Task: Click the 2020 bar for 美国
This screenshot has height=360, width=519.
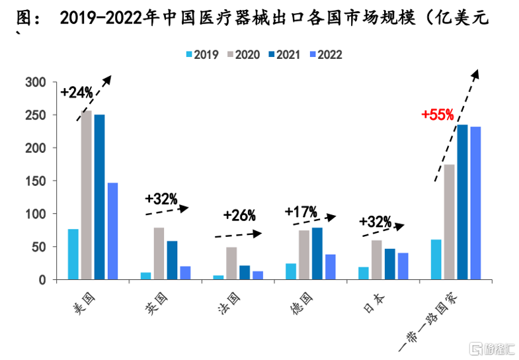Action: (87, 195)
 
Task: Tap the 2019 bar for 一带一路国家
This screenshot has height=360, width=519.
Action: (436, 259)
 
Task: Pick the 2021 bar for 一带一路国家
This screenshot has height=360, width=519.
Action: (463, 202)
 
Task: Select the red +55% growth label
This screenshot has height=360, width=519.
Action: (438, 114)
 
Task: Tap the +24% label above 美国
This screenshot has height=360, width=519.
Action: (77, 93)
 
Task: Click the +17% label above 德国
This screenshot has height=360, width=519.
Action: (301, 212)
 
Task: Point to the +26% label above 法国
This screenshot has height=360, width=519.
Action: (239, 215)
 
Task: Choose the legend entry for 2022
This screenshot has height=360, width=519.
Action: (325, 55)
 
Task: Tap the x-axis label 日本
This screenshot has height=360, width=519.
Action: (372, 306)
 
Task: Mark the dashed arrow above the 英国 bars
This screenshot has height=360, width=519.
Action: (167, 210)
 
